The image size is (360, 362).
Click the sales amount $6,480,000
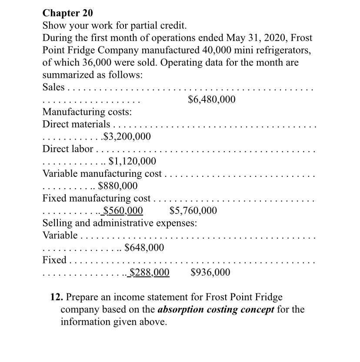(x=212, y=100)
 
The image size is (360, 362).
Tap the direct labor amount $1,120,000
(x=132, y=162)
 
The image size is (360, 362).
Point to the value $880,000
(x=118, y=186)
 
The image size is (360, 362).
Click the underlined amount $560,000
(x=123, y=211)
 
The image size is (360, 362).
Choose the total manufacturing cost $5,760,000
(x=193, y=211)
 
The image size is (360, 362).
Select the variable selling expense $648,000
(x=144, y=248)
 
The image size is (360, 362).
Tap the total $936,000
(x=210, y=273)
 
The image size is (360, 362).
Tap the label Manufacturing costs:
(x=87, y=112)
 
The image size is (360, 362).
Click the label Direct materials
(x=76, y=125)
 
